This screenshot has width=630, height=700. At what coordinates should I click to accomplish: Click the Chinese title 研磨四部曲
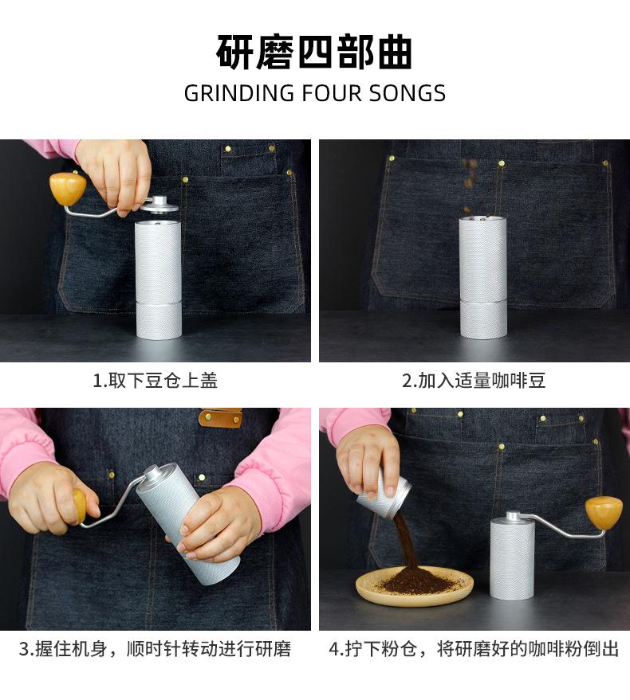click(314, 53)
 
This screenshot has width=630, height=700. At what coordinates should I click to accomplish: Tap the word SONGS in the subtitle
click(407, 93)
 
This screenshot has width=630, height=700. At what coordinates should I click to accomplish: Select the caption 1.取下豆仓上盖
click(156, 381)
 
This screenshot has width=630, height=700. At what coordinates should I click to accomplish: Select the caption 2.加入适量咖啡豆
click(474, 381)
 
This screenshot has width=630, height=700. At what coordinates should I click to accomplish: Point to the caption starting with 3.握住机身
click(156, 649)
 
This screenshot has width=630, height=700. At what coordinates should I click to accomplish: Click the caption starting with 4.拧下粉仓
click(474, 649)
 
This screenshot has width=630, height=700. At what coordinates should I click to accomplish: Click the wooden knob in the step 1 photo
click(68, 189)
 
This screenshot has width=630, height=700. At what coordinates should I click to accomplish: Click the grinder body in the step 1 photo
click(158, 279)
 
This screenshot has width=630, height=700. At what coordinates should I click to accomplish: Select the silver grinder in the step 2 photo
click(482, 279)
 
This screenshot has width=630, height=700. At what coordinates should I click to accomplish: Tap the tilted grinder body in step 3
click(187, 522)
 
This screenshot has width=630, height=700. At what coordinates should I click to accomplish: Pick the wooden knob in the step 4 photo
click(604, 512)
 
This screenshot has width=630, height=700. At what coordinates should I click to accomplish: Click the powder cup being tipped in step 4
click(384, 495)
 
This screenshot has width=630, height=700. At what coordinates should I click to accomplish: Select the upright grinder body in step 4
click(512, 557)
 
